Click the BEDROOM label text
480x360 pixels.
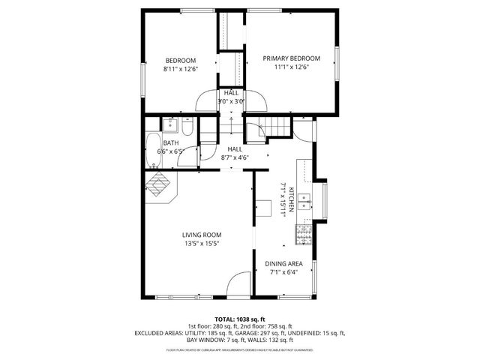pos(180,61)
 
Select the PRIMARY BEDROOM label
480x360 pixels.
pos(291,58)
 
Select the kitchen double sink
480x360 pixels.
pos(304,200)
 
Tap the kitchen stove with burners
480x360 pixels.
pos(303,235)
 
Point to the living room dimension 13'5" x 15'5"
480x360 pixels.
pos(201,243)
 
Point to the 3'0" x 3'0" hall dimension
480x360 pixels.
pos(230,101)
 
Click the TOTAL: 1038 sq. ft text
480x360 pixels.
pos(239,319)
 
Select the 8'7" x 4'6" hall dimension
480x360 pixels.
pos(235,157)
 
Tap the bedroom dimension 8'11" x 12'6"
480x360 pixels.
pos(180,69)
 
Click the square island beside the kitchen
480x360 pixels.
pos(263,208)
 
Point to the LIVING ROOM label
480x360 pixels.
pos(201,235)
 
